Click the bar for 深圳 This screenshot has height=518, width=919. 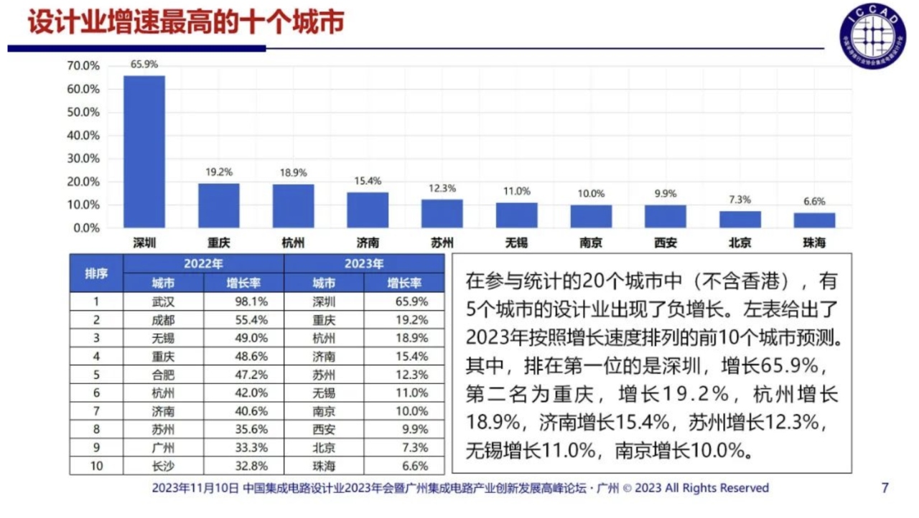coord(144,152)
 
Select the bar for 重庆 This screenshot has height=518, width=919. coord(219,206)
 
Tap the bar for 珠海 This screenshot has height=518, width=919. coord(814,220)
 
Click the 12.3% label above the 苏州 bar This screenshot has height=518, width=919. coord(442,189)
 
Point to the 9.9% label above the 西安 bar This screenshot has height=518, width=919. coord(665,194)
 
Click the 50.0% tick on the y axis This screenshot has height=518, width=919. coord(83,112)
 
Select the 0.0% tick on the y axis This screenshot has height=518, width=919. coord(86,228)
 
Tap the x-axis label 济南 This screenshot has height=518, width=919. coord(368,243)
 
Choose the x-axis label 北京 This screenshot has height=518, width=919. coord(740,243)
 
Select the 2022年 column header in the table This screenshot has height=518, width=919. coord(203,263)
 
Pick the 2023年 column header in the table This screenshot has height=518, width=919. coord(364,263)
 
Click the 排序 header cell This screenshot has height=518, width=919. coord(96,273)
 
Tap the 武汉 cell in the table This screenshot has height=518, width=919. coord(163,301)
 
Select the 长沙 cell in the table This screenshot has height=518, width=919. coord(163,466)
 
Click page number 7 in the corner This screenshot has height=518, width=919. coord(885,488)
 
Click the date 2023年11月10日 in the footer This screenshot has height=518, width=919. coord(195,489)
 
